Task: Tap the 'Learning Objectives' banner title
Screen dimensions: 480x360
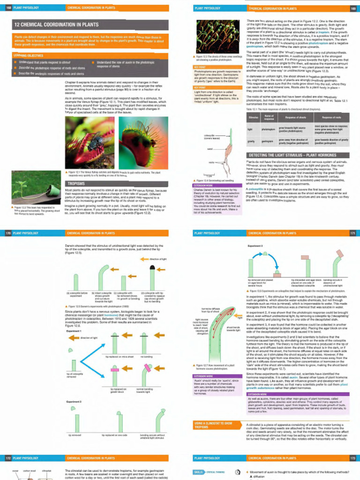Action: click(24, 55)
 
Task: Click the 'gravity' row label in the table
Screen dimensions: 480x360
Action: click(251, 141)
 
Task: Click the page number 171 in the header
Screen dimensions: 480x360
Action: click(352, 233)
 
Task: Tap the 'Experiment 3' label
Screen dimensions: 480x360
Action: click(255, 245)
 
